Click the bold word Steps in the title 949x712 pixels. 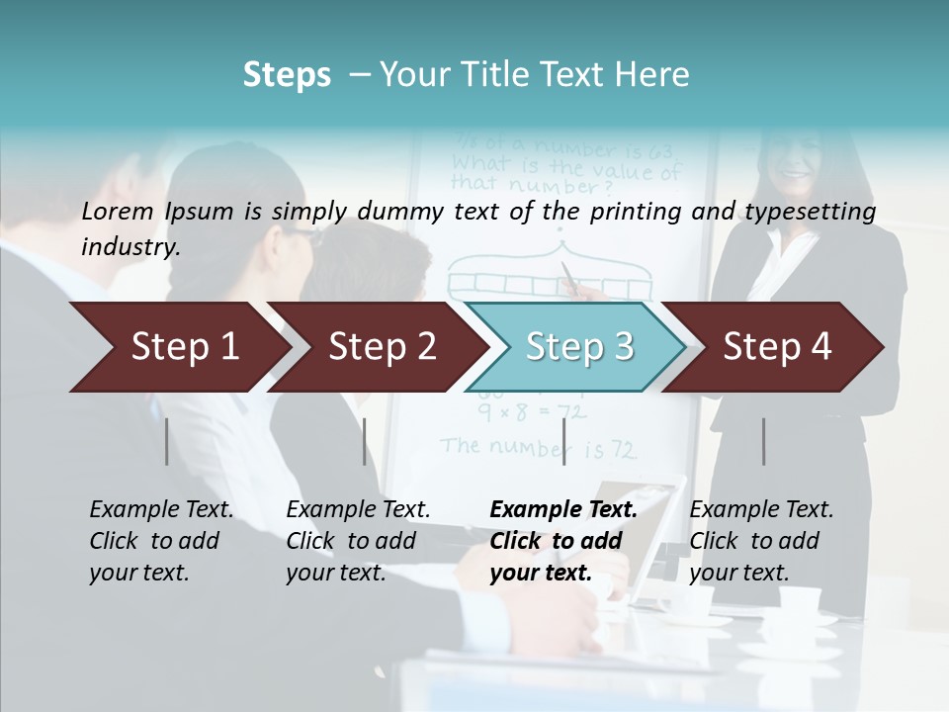point(287,75)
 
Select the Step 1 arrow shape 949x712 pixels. point(178,347)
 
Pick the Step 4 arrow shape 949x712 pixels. point(776,347)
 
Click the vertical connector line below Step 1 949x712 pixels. point(167,441)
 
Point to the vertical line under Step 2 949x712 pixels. point(365,441)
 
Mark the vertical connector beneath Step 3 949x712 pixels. point(563,441)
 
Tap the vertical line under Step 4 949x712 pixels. point(763,441)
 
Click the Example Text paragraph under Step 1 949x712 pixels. point(160,541)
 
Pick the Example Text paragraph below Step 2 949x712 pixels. point(357,541)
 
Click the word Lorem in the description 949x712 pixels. point(118,212)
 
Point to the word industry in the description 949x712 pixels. point(129,246)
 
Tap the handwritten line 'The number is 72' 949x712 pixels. point(539,448)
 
